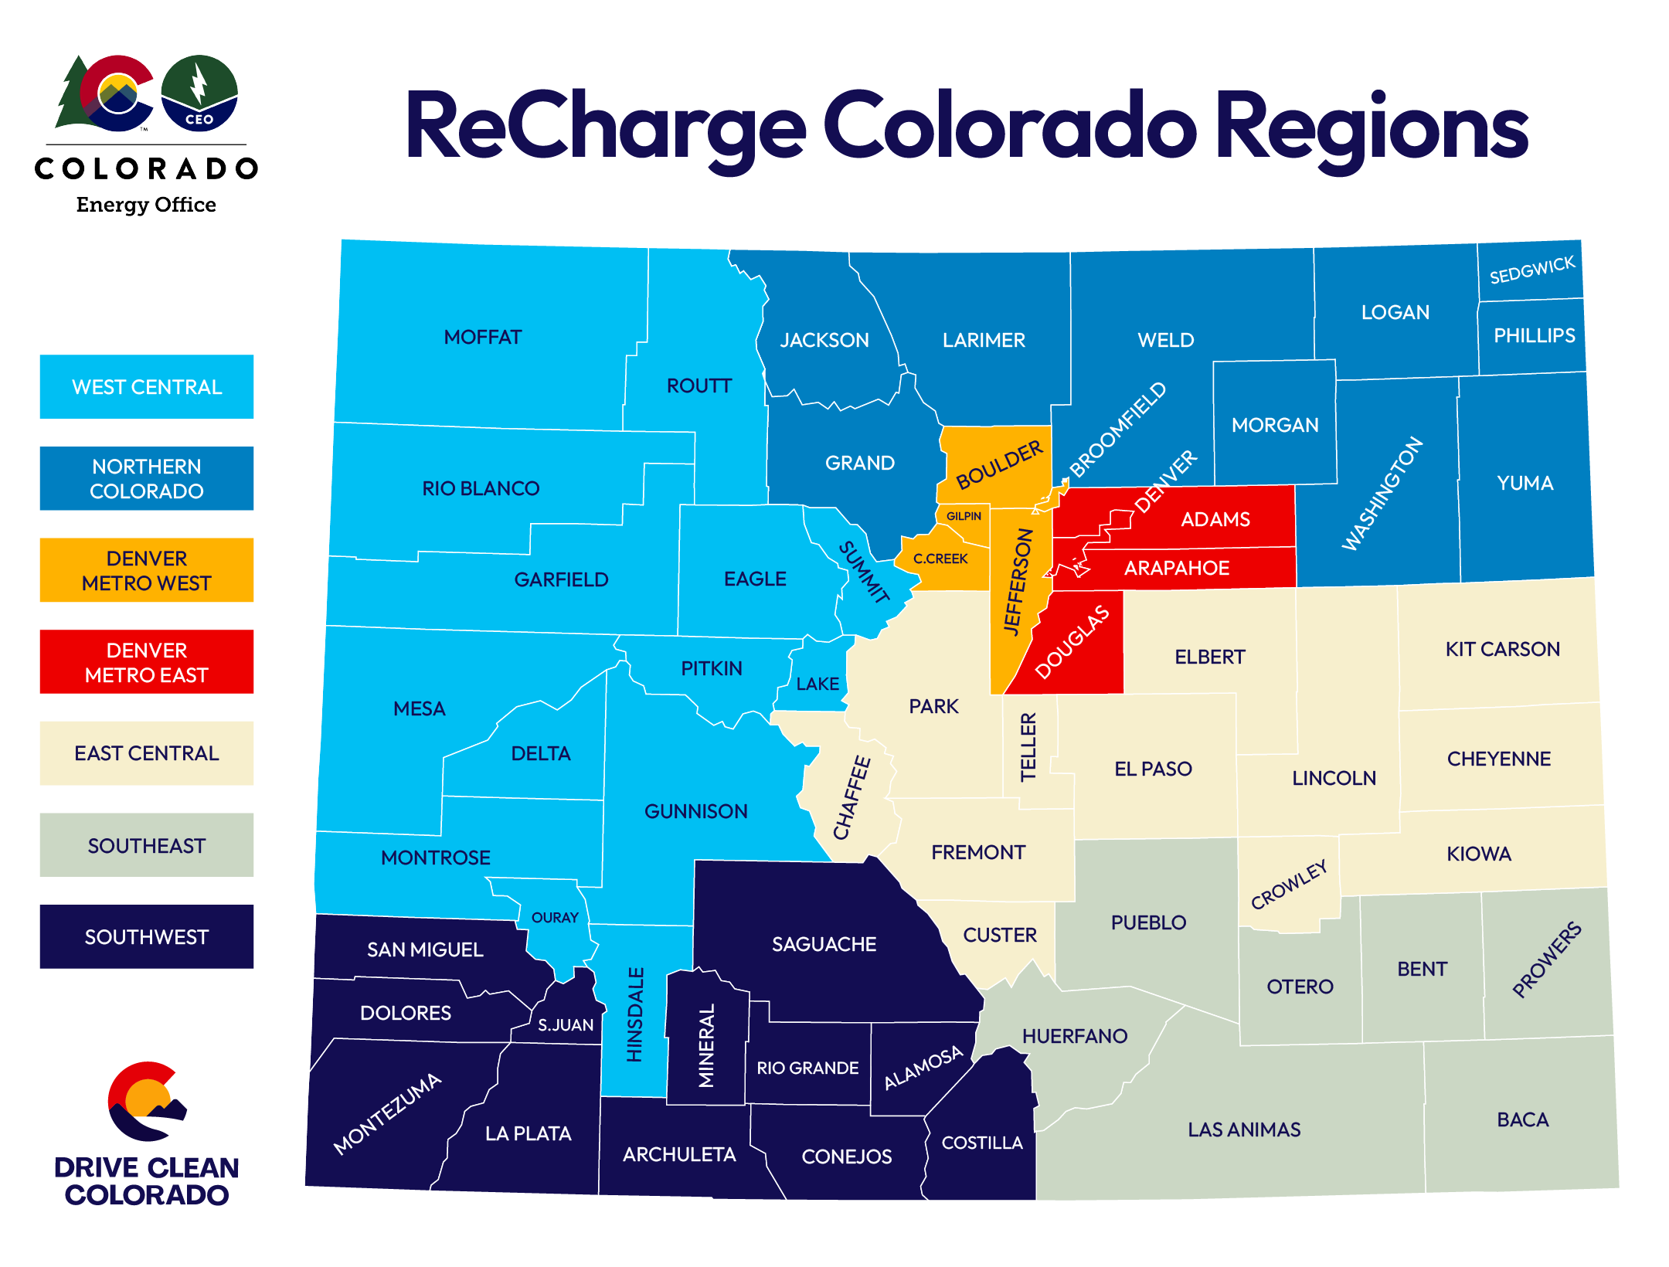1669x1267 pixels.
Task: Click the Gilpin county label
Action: [964, 516]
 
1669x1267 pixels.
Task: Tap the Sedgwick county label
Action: [1531, 270]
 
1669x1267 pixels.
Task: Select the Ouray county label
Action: [555, 918]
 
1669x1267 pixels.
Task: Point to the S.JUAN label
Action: [566, 1025]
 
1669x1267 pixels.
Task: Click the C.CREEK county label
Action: [940, 559]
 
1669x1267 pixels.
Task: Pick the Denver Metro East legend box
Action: [147, 662]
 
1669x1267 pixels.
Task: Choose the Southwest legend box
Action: [147, 937]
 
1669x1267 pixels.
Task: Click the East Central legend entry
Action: [147, 753]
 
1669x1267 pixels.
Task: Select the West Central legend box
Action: [147, 387]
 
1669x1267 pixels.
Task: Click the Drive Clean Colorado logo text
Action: [147, 1181]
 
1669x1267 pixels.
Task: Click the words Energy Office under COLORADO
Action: [146, 205]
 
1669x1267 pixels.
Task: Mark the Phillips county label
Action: [1534, 335]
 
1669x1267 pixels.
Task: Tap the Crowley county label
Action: [1289, 885]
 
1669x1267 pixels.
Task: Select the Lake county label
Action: [818, 684]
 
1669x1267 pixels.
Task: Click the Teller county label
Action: [1028, 747]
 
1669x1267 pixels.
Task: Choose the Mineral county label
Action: [706, 1045]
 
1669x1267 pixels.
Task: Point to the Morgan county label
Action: [1275, 425]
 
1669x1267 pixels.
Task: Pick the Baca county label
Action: [1522, 1119]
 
